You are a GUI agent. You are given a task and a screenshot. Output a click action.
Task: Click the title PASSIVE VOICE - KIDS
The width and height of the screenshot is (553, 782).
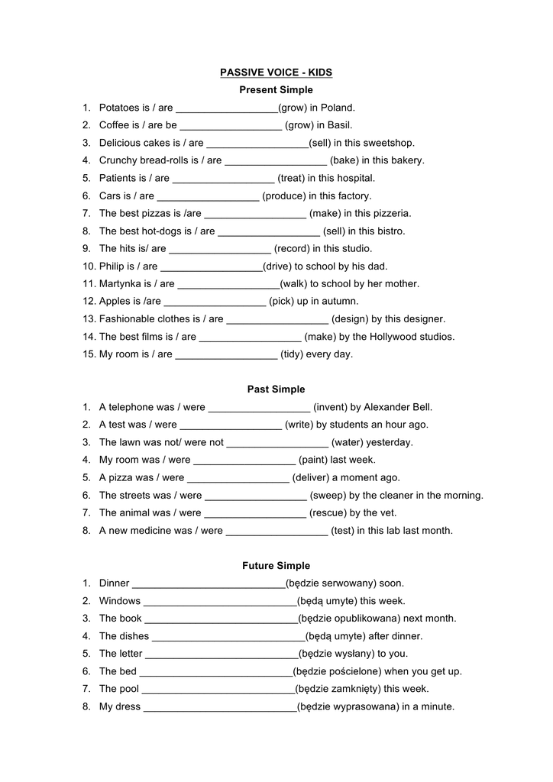tap(276, 73)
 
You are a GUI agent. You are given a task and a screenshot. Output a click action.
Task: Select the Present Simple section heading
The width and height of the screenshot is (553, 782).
tap(276, 90)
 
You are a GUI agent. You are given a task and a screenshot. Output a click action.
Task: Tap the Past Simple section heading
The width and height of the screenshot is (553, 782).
tap(276, 389)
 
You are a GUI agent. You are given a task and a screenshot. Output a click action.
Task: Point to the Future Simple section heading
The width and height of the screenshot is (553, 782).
tap(276, 566)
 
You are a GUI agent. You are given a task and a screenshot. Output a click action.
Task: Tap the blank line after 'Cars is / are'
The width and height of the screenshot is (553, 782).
tap(208, 197)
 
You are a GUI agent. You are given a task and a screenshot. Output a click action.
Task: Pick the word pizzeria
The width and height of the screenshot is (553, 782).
tap(391, 213)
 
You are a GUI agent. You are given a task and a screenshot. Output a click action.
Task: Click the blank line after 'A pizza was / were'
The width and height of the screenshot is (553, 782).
tap(238, 479)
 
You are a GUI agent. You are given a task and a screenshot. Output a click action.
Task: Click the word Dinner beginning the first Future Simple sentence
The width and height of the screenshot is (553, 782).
tap(115, 583)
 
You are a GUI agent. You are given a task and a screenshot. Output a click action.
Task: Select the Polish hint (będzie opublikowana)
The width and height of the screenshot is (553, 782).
tap(349, 619)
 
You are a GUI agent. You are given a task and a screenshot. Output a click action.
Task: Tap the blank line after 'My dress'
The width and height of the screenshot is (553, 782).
tap(220, 708)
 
